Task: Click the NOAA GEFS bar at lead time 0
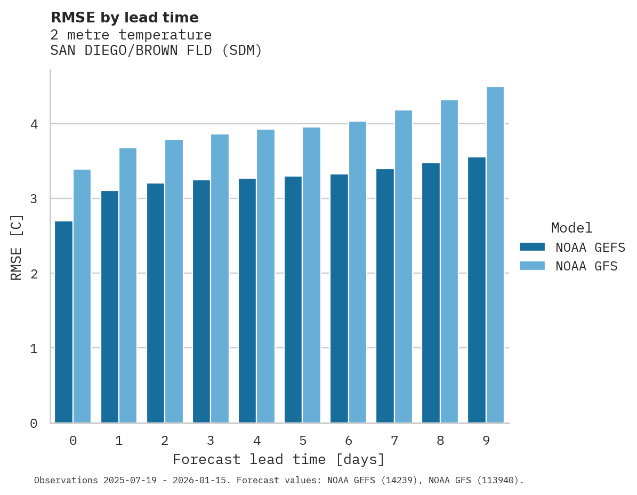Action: (63, 322)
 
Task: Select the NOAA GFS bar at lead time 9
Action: (495, 255)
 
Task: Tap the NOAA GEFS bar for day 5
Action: (293, 300)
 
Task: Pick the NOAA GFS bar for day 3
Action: (220, 278)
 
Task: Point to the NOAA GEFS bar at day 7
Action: (385, 296)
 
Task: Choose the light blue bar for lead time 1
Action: (128, 285)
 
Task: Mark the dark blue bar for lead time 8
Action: (431, 293)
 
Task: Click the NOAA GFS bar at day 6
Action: (357, 272)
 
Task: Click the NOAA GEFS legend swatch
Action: (532, 247)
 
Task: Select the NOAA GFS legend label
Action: (586, 266)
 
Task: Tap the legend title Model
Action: (571, 228)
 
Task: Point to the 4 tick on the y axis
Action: (34, 124)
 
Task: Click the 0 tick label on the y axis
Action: (34, 424)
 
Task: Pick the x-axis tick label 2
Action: (165, 441)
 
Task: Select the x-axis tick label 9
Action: (486, 441)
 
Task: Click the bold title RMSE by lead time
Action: (124, 18)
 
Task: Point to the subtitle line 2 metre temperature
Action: (131, 35)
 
